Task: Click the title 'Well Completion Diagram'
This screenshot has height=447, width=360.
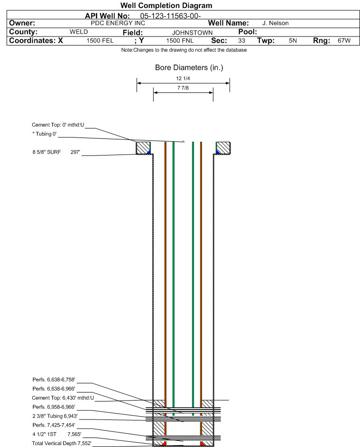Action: pyautogui.click(x=166, y=5)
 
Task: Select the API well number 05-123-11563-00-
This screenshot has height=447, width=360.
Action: pyautogui.click(x=170, y=16)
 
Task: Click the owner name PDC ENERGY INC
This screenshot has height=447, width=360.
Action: pyautogui.click(x=118, y=23)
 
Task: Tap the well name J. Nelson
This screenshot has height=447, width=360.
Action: pyautogui.click(x=275, y=23)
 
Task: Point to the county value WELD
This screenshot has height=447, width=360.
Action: pyautogui.click(x=79, y=32)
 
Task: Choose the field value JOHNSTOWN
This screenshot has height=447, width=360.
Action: pyautogui.click(x=192, y=33)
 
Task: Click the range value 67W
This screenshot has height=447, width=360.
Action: pyautogui.click(x=344, y=40)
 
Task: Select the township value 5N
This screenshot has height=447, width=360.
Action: pyautogui.click(x=293, y=40)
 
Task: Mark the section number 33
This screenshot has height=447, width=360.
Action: pyautogui.click(x=241, y=40)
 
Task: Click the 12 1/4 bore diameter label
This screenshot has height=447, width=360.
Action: pyautogui.click(x=183, y=78)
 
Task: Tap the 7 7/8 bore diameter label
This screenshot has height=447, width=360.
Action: pyautogui.click(x=183, y=88)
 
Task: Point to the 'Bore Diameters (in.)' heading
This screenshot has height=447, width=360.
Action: pyautogui.click(x=189, y=68)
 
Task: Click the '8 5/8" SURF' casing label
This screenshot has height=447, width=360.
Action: pyautogui.click(x=46, y=152)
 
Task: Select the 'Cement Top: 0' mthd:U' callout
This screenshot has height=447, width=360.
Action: pyautogui.click(x=58, y=125)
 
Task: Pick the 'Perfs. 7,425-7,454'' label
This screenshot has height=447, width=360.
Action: pyautogui.click(x=54, y=425)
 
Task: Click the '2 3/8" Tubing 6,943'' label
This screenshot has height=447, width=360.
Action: pyautogui.click(x=55, y=416)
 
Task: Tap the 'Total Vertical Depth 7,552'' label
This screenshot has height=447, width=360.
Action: pyautogui.click(x=62, y=443)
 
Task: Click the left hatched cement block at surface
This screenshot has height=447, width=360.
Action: pyautogui.click(x=143, y=148)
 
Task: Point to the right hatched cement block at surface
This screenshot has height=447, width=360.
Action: pyautogui.click(x=223, y=148)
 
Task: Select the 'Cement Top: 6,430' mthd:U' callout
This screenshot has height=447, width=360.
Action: pyautogui.click(x=63, y=398)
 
